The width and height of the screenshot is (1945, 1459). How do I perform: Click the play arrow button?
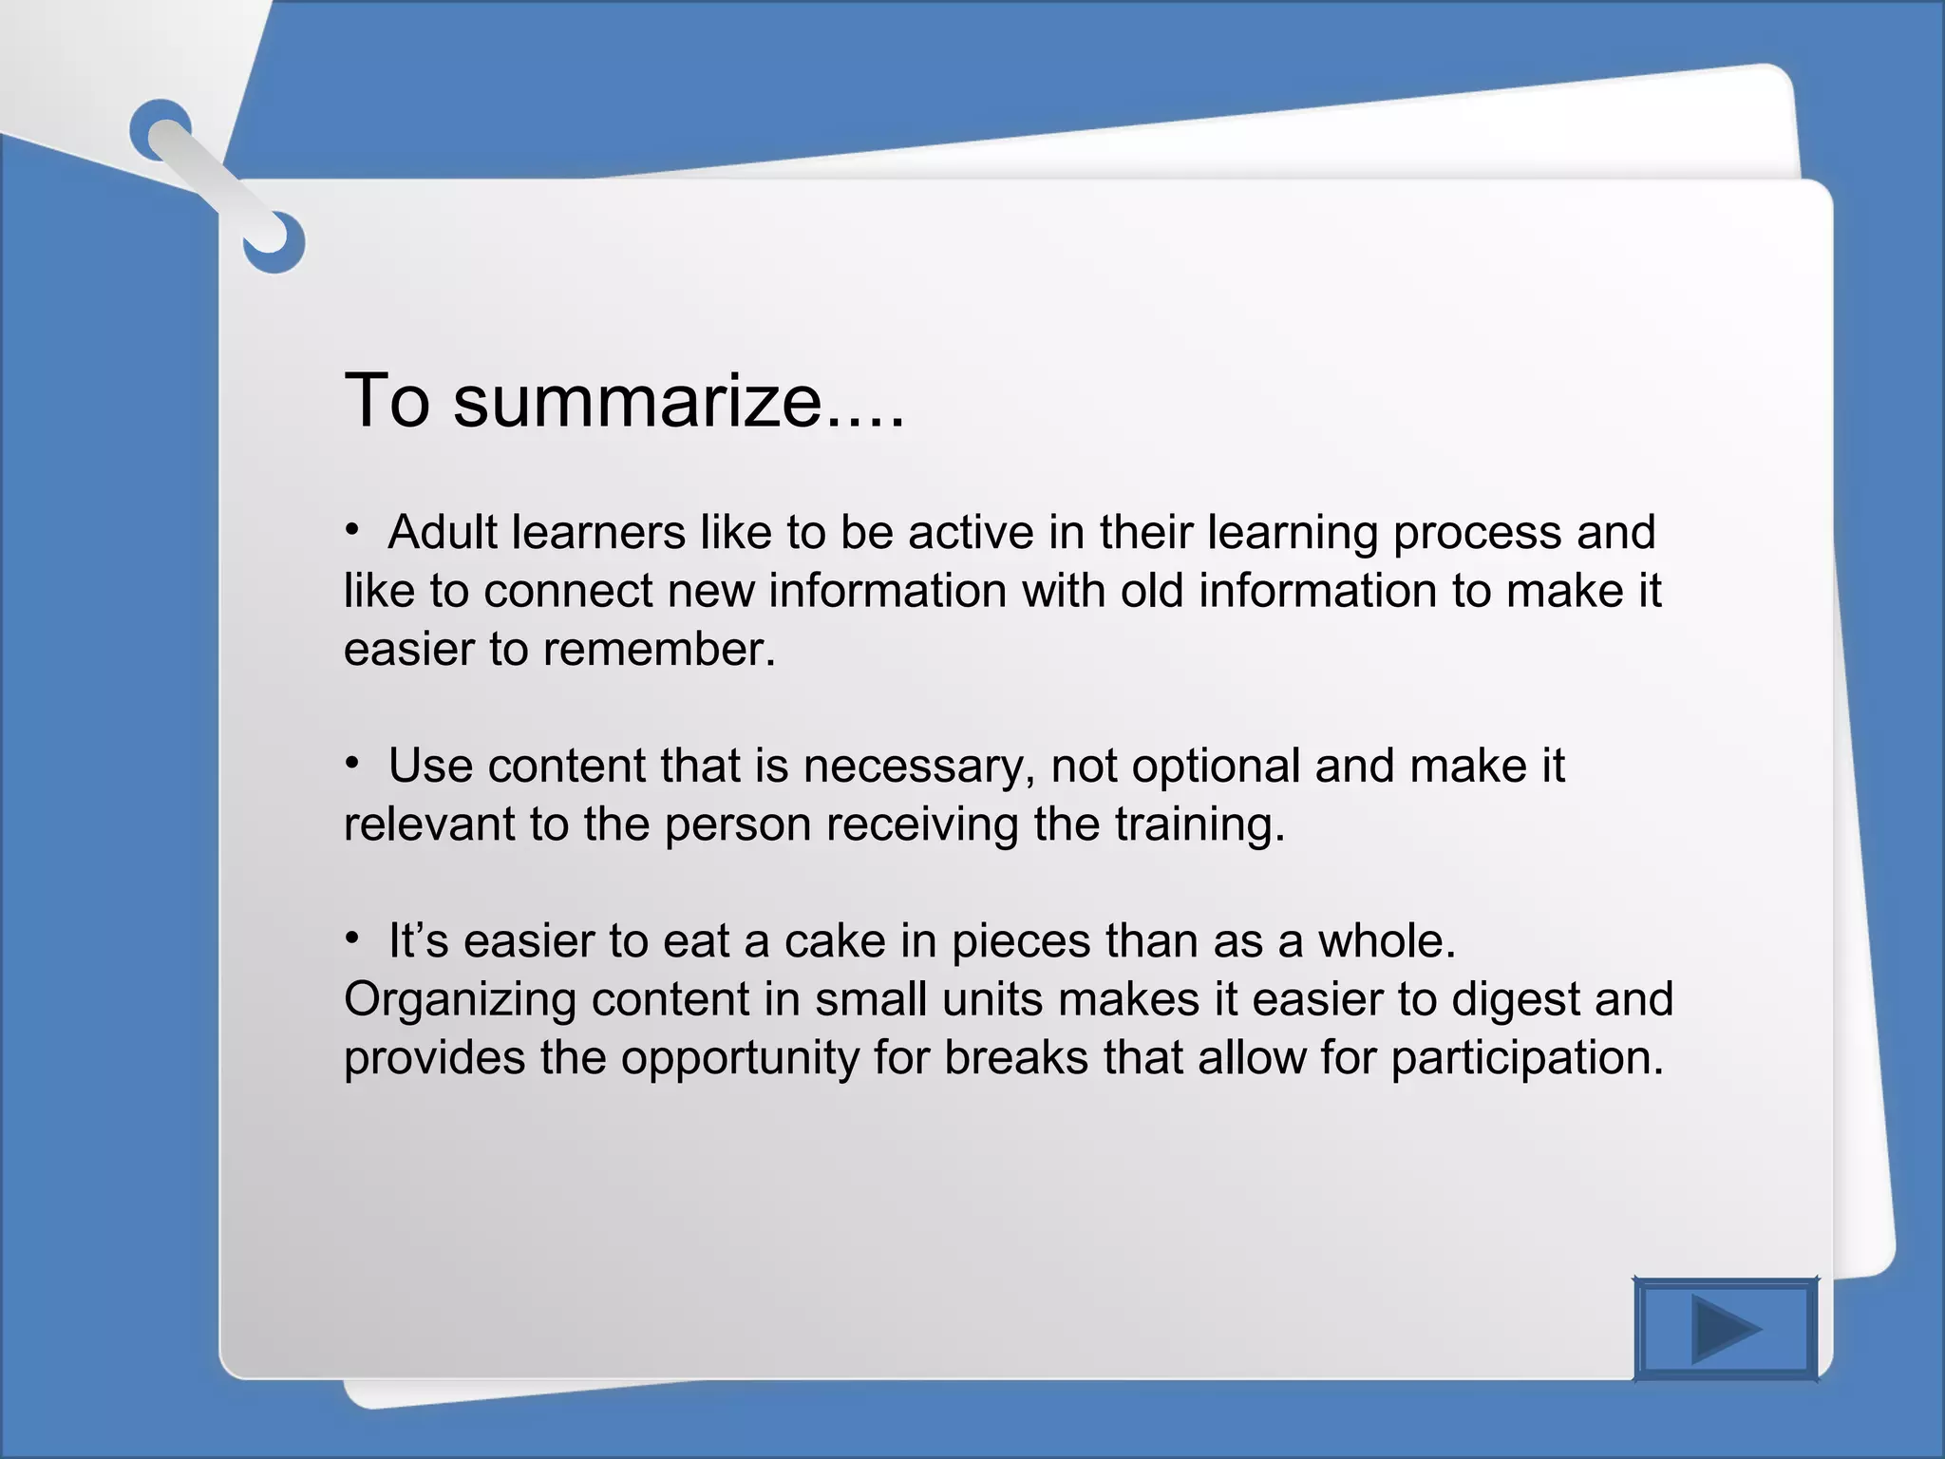1726,1329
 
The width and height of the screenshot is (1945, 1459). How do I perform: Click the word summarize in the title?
637,401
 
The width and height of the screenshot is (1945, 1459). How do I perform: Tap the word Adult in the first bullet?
442,532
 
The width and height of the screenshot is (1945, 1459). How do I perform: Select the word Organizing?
460,1000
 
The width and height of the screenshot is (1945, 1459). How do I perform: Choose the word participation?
1527,1058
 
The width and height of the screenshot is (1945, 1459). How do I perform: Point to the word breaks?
1015,1058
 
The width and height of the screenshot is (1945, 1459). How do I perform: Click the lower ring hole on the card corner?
274,242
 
